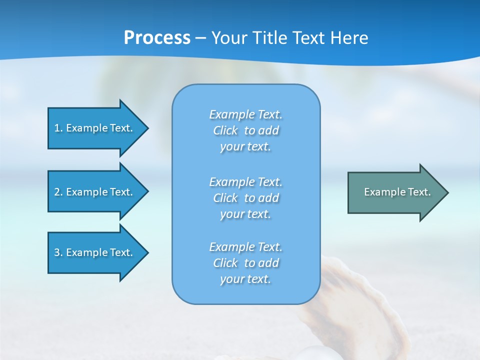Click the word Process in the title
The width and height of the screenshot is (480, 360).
[157, 37]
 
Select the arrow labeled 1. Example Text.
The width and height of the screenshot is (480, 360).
[95, 128]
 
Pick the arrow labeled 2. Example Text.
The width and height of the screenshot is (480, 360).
[95, 192]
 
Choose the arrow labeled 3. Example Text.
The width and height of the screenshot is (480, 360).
[95, 252]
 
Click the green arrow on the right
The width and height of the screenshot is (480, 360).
[395, 192]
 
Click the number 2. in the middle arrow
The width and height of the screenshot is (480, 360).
[58, 192]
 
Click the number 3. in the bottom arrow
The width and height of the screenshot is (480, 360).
[58, 252]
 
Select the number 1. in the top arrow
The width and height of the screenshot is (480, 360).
[58, 128]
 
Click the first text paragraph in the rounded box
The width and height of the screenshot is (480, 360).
[245, 130]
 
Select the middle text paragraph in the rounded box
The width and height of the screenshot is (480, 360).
[245, 198]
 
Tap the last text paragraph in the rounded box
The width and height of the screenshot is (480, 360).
[245, 263]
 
